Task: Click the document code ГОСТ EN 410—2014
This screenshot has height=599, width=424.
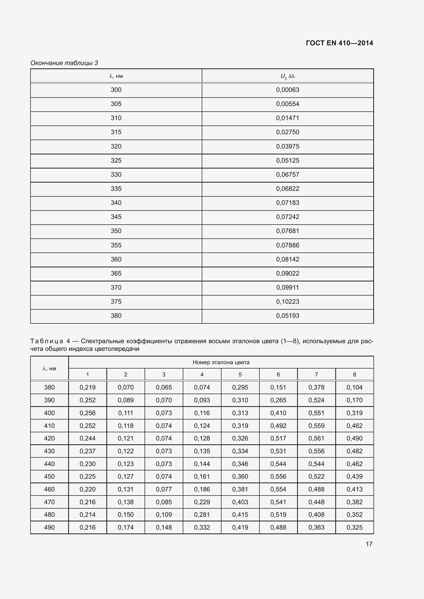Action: tap(339, 43)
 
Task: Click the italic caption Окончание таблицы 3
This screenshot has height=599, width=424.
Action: tap(64, 63)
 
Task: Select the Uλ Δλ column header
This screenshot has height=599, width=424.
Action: tap(288, 76)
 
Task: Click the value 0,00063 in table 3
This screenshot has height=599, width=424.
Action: tap(288, 90)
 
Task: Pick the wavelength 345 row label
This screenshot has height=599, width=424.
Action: tap(116, 217)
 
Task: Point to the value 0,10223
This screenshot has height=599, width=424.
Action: tap(288, 302)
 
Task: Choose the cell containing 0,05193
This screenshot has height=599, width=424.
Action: tap(288, 316)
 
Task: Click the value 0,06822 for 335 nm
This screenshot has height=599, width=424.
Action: tap(288, 189)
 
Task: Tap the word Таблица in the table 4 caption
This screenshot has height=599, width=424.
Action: tap(47, 341)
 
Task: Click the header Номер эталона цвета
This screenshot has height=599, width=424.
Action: tap(221, 362)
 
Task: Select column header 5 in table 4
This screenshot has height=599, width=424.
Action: tap(240, 375)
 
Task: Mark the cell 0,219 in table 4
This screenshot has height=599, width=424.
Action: tap(87, 387)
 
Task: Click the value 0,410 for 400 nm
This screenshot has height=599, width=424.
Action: tap(278, 413)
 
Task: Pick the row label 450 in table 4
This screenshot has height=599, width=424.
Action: tap(49, 477)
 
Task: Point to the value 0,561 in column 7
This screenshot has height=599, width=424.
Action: tap(316, 438)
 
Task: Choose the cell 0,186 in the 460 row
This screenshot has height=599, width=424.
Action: tap(202, 489)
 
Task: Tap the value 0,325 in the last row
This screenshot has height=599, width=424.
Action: tap(354, 528)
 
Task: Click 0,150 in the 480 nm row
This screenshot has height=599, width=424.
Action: tap(126, 515)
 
